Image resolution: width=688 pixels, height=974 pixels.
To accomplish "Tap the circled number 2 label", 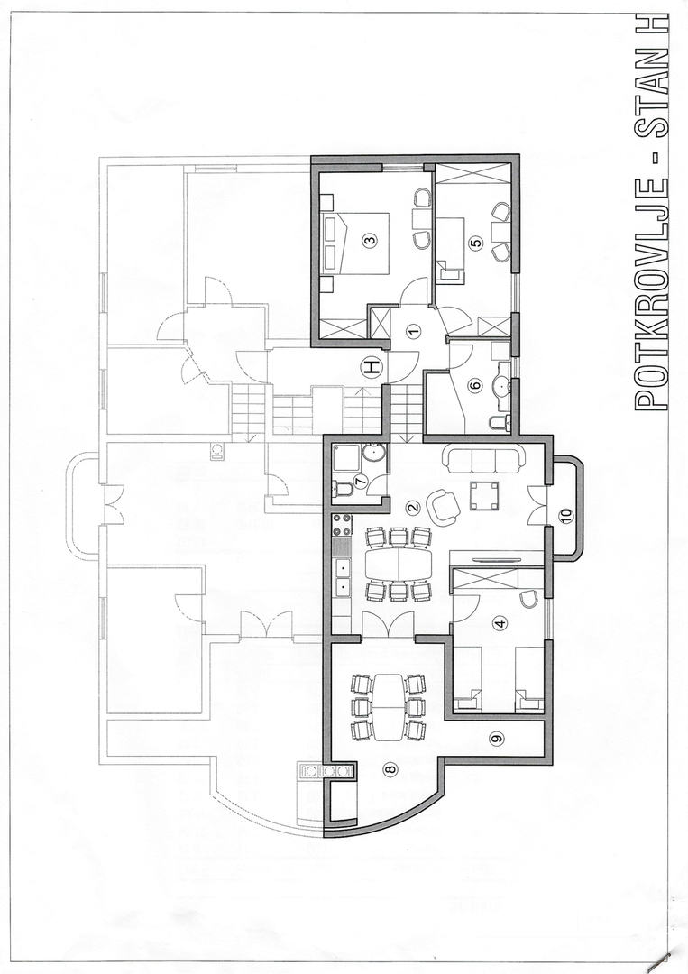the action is (x=412, y=508).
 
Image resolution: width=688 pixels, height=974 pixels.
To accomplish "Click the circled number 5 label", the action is (x=476, y=243).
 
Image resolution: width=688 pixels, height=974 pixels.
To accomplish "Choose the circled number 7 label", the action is (x=359, y=480).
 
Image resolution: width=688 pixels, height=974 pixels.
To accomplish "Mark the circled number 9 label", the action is (x=500, y=739).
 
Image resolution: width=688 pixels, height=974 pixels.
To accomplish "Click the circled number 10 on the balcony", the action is (x=565, y=515).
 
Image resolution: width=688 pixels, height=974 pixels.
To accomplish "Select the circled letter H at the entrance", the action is (x=372, y=368).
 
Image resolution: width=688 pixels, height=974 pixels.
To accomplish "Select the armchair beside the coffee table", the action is (x=444, y=505).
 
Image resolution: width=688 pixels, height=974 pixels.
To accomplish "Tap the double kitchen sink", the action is (x=342, y=576).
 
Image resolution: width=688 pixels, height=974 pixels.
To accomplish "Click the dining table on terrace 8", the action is (x=388, y=707).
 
